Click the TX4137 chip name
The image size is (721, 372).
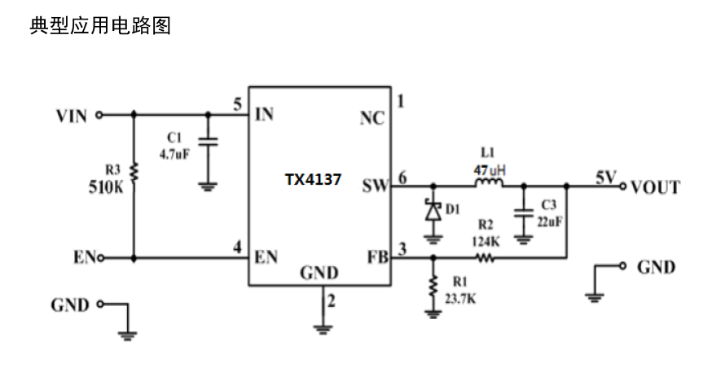313,179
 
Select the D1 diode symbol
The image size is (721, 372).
433,212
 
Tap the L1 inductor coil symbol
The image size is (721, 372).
489,183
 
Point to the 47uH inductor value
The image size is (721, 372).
490,170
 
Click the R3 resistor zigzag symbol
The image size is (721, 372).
134,173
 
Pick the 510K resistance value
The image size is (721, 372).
106,187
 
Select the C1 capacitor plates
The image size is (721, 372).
208,142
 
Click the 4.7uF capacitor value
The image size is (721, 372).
174,155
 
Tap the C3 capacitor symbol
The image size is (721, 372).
523,213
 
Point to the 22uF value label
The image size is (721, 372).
549,222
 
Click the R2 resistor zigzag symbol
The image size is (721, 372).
486,258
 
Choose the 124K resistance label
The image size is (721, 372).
486,242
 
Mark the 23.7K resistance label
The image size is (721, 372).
460,300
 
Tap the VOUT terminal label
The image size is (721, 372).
655,187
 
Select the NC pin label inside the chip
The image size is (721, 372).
372,119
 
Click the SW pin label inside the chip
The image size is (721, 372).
376,186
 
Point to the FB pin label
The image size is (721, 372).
377,257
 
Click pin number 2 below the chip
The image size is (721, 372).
331,301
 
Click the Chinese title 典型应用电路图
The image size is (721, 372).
100,25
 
